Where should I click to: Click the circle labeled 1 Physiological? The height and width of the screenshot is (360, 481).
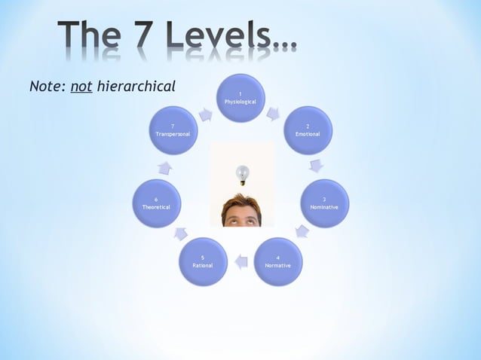[240, 98]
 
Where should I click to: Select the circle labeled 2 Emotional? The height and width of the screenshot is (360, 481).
[308, 130]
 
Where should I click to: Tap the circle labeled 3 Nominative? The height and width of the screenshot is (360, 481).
[324, 203]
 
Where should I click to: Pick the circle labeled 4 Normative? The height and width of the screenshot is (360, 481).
[277, 261]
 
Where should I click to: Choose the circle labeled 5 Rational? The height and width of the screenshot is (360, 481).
[203, 261]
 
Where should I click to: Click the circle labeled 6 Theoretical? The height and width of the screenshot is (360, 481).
[157, 203]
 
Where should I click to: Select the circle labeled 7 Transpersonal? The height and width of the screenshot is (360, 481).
[173, 130]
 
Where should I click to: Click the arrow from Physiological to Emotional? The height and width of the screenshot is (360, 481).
[273, 114]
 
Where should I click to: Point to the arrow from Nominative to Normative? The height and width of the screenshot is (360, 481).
[302, 230]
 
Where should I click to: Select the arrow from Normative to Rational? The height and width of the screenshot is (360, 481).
[240, 262]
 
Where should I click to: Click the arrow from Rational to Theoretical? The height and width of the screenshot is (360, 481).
[181, 233]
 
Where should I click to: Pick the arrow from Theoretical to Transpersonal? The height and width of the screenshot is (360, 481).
[164, 167]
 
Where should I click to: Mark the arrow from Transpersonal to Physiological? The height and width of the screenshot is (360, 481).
[205, 114]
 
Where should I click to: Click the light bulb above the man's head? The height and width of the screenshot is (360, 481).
[242, 175]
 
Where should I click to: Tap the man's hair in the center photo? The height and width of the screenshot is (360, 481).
[241, 202]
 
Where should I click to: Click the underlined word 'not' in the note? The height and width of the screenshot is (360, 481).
[81, 87]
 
